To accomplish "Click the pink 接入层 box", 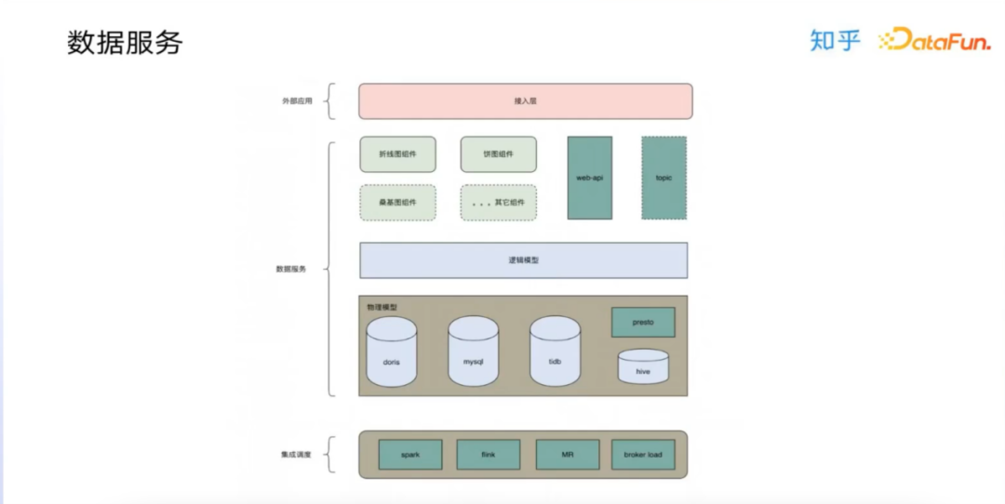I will click(525, 101).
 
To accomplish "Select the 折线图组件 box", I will click(397, 154).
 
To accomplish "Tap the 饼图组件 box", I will click(498, 154).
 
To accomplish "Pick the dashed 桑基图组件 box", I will click(397, 202).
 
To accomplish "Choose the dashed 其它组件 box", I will click(498, 202).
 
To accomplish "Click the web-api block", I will click(590, 178).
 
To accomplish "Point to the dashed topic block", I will click(663, 178).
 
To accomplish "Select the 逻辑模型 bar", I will click(523, 260).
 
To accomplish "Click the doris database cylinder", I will click(391, 352).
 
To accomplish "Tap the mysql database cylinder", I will click(473, 352).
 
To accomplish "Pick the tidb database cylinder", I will click(555, 352).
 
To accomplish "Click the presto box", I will click(643, 322).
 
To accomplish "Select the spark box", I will click(409, 455).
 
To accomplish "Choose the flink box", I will click(488, 455).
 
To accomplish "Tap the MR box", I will click(567, 455).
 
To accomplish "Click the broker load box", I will click(643, 455).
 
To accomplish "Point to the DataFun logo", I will click(934, 40).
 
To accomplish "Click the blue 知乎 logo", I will click(835, 40).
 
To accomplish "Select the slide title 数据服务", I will click(125, 43).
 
